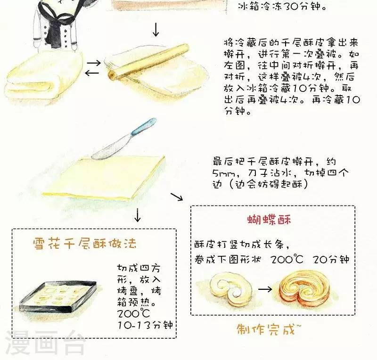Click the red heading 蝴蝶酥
[269, 220]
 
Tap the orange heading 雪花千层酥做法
[85, 243]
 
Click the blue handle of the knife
[144, 126]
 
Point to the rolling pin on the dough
[148, 62]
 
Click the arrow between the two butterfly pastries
[265, 289]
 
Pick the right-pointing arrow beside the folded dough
[93, 63]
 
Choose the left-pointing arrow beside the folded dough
[92, 73]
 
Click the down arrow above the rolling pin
[156, 30]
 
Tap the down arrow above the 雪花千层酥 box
[137, 215]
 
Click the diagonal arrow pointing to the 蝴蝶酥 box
[177, 196]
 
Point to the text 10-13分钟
[145, 325]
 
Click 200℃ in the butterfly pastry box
[287, 260]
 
